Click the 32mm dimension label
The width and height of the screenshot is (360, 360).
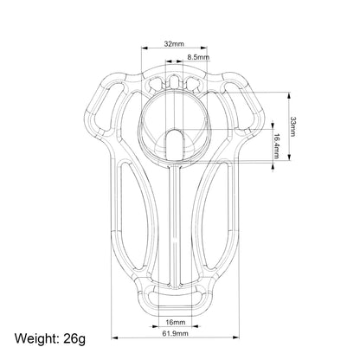pos(174,44)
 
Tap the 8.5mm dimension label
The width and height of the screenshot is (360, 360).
pos(198,57)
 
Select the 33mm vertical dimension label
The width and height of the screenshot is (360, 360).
pos(292,126)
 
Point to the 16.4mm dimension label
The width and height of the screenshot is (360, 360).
pos(276,146)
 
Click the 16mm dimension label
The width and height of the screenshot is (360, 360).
pos(176,322)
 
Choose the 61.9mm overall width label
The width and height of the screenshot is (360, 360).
pos(175,334)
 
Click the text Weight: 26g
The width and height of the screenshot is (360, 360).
pos(50,338)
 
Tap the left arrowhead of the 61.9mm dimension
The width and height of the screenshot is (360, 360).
pos(115,337)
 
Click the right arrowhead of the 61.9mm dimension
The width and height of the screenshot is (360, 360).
pos(235,337)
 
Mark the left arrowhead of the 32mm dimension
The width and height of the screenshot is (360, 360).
pos(145,48)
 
